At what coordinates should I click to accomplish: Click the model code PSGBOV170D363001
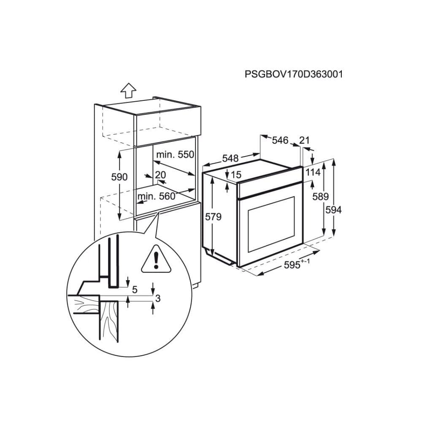[294, 74]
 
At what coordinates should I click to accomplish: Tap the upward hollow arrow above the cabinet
[128, 90]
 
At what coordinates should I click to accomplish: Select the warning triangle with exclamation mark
[156, 259]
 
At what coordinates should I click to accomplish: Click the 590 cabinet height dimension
[119, 177]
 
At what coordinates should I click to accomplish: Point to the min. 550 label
[175, 154]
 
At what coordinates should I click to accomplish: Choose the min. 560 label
[157, 196]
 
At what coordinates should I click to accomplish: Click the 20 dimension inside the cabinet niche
[160, 175]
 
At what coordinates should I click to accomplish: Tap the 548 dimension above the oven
[230, 158]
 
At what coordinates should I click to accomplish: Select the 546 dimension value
[280, 140]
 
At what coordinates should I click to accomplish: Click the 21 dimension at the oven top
[304, 140]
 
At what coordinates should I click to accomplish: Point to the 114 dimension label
[313, 172]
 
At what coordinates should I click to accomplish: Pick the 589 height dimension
[321, 197]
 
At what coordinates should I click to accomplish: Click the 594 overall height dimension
[333, 210]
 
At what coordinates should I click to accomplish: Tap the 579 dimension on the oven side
[213, 216]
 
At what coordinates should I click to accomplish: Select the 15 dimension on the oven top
[236, 175]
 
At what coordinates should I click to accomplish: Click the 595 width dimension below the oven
[292, 265]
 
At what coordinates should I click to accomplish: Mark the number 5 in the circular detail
[135, 289]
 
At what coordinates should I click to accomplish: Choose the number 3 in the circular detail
[158, 298]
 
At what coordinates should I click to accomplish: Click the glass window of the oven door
[271, 224]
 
